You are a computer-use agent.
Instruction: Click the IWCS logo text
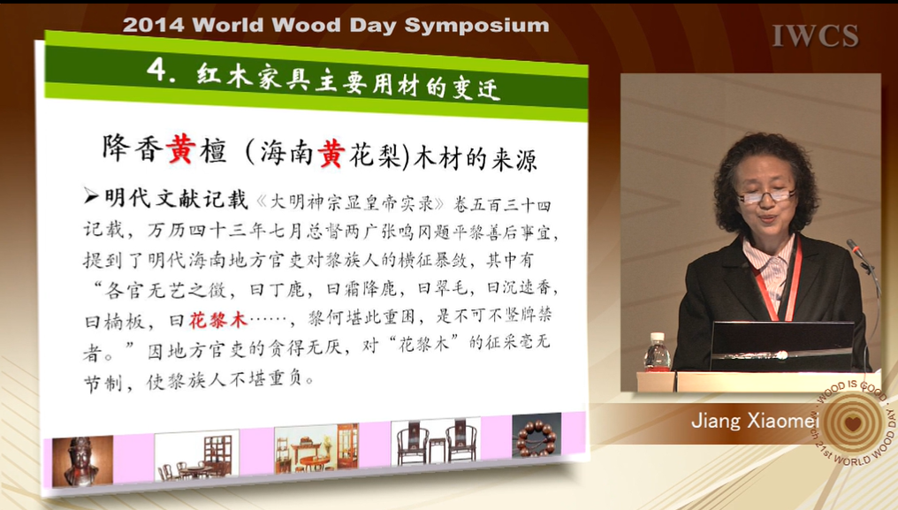click(815, 35)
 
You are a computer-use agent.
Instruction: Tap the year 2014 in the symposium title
click(153, 25)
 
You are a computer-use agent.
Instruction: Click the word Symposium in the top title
click(476, 26)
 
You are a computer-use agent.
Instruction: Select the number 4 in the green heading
click(156, 70)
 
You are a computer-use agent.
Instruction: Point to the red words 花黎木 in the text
click(217, 318)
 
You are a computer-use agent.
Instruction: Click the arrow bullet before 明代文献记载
click(91, 196)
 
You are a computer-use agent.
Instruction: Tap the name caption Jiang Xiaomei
click(754, 421)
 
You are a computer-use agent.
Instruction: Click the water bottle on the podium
click(657, 352)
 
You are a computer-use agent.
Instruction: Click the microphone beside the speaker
click(857, 251)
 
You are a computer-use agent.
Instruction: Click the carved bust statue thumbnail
click(82, 461)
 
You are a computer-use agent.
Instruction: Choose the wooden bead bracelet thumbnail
click(537, 436)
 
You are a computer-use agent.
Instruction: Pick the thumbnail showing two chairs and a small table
click(436, 442)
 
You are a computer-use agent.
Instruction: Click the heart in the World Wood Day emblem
click(853, 423)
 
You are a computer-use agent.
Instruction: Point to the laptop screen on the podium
click(781, 346)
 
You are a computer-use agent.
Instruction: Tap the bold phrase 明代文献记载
click(177, 198)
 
